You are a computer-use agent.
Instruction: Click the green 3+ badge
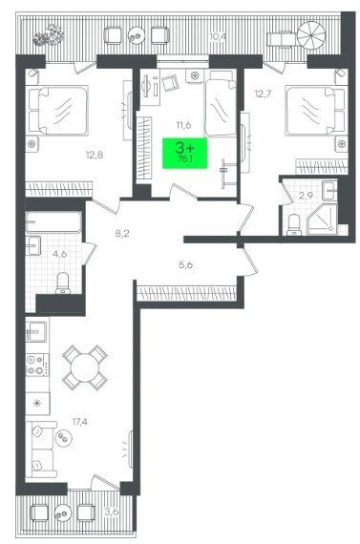[x=184, y=153]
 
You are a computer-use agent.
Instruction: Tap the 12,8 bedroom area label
[x=95, y=155]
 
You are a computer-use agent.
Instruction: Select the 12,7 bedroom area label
[x=263, y=94]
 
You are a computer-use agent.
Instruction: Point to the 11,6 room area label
[x=183, y=125]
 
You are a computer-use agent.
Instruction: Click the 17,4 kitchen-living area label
[x=80, y=422]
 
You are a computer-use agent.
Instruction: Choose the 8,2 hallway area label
[x=122, y=233]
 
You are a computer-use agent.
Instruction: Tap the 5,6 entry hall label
[x=185, y=265]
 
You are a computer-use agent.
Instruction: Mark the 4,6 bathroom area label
[x=59, y=254]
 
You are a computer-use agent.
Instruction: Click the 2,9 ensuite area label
[x=306, y=196]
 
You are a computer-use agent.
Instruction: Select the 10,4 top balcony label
[x=218, y=36]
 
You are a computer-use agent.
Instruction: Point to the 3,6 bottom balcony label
[x=112, y=512]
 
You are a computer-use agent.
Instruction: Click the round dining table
[x=85, y=367]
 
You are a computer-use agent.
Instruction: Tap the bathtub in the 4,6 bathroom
[x=53, y=222]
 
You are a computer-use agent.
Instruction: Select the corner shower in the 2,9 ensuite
[x=322, y=220]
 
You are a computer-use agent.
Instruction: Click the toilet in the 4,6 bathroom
[x=63, y=282]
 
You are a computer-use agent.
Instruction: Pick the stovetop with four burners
[x=37, y=365]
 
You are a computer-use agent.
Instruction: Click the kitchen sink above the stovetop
[x=36, y=332]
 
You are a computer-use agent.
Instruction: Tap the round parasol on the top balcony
[x=310, y=35]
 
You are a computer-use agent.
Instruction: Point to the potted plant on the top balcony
[x=50, y=35]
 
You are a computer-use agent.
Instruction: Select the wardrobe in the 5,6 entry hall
[x=187, y=293]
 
